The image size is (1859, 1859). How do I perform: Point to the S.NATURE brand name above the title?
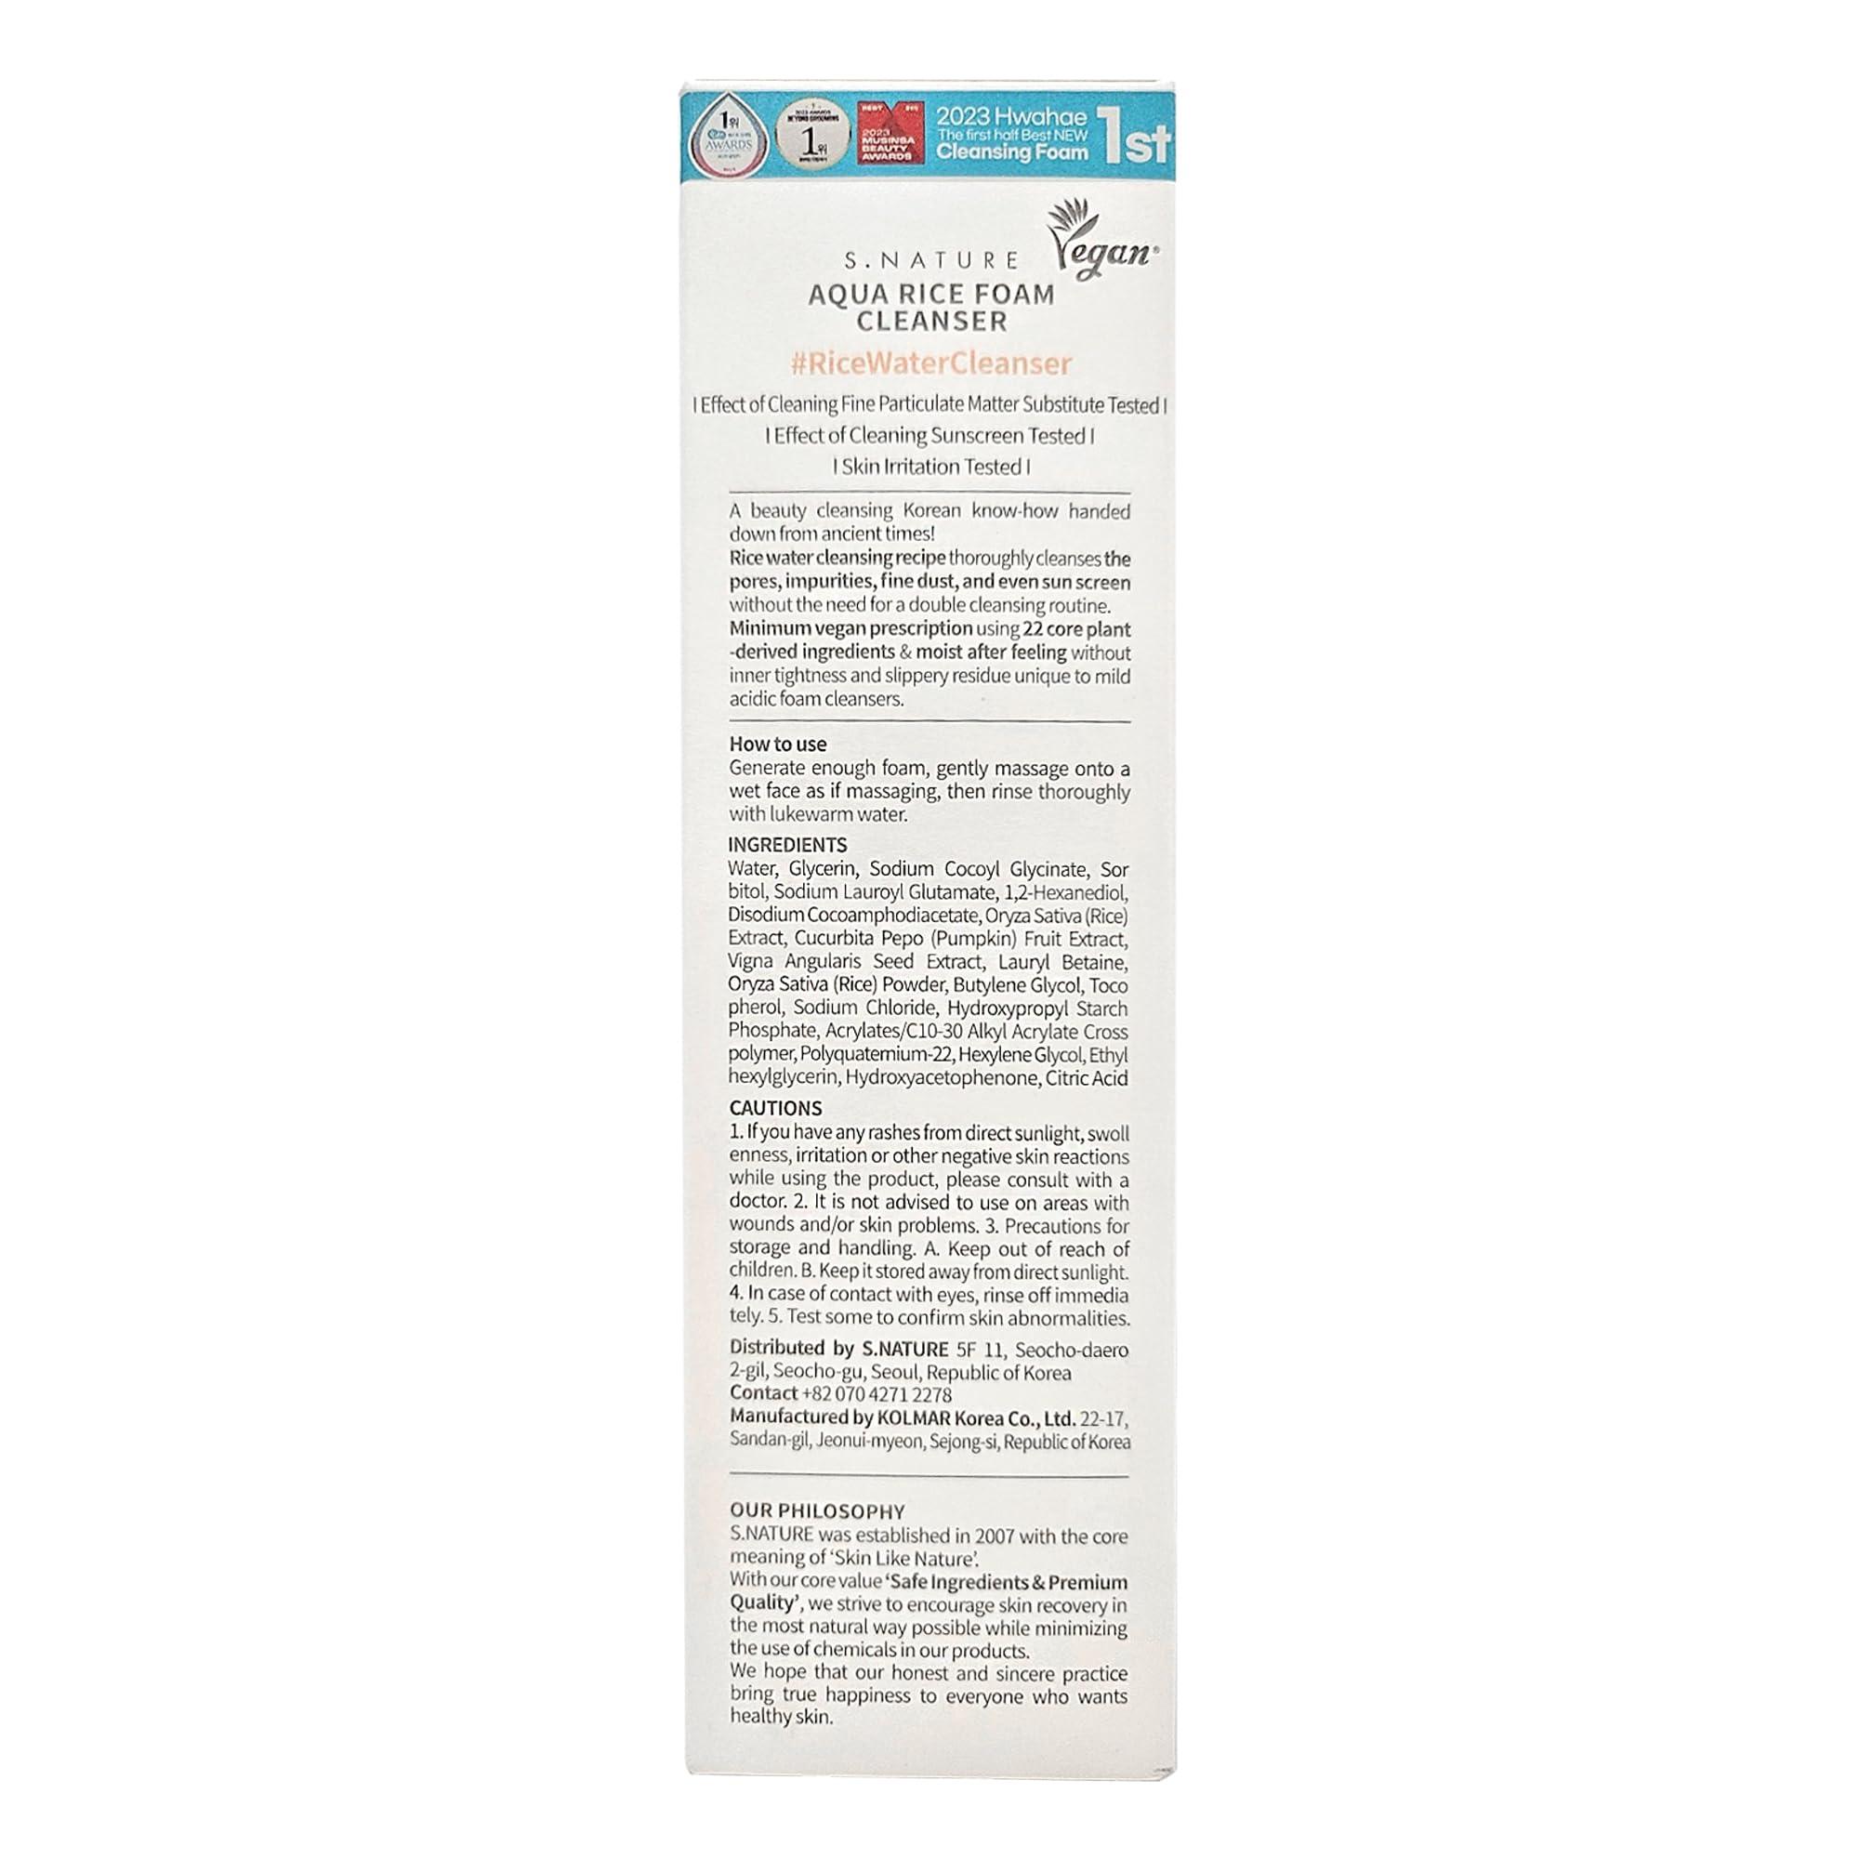(930, 260)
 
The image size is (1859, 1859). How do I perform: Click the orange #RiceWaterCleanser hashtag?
(929, 363)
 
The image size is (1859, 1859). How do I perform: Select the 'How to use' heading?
(777, 744)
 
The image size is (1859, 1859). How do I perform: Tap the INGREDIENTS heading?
(787, 845)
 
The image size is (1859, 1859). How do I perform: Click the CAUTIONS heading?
(775, 1109)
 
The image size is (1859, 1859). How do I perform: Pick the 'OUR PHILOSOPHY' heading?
(817, 1511)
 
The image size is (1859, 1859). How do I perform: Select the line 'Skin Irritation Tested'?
(930, 467)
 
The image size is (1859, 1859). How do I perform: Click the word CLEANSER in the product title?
(931, 322)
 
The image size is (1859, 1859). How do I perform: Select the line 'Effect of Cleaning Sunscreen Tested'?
(929, 436)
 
